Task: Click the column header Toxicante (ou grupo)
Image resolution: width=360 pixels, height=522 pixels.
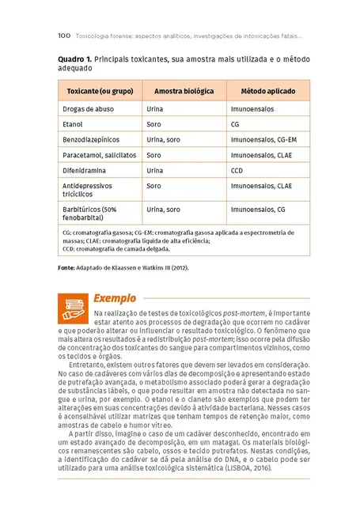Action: [x=100, y=91]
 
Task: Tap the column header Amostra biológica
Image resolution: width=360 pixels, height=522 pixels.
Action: [x=184, y=91]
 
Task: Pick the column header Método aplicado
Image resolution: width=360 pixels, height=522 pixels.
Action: [x=267, y=91]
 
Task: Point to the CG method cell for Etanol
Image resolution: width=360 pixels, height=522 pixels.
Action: [x=235, y=124]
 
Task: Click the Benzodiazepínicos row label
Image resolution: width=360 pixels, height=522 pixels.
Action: [x=92, y=139]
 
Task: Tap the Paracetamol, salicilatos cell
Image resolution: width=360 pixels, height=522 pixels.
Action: [x=99, y=155]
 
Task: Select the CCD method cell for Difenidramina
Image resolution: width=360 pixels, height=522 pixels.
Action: [x=237, y=170]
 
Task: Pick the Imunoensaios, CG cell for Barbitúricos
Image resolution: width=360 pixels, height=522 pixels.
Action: [x=258, y=210]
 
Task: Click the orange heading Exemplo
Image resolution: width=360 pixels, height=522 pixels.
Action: [x=114, y=298]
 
